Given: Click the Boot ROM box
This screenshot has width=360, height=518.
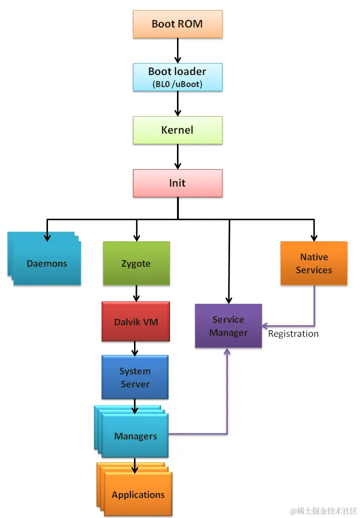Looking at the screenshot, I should [x=177, y=24].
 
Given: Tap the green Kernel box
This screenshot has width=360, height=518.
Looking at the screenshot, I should [x=177, y=130].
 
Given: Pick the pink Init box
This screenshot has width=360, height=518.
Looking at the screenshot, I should [x=177, y=183].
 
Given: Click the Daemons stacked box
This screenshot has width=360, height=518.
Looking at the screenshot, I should [x=46, y=263].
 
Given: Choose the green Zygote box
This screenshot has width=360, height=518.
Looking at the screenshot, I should [x=136, y=263].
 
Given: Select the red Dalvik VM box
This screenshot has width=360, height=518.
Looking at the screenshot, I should [x=135, y=322].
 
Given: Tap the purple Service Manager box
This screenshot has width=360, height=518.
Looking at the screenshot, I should [x=228, y=326].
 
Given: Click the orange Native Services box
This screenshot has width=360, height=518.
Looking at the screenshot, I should [x=313, y=263].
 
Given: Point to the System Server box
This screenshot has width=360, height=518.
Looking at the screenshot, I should [x=135, y=377].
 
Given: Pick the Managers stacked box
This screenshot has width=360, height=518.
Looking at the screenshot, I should [x=135, y=436].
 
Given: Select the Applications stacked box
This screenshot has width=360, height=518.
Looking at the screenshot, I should [x=137, y=494].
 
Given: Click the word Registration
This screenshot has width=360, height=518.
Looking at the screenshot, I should [x=293, y=334].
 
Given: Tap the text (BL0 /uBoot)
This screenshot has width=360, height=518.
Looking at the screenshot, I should [x=177, y=84].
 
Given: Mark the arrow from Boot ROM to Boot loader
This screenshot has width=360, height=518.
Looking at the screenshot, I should [x=177, y=51].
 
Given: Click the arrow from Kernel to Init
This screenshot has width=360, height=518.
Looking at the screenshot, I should [x=177, y=157].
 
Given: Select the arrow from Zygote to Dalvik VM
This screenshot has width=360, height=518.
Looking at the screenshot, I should [x=136, y=293].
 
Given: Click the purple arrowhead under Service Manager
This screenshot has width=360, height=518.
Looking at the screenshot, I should [x=227, y=352].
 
